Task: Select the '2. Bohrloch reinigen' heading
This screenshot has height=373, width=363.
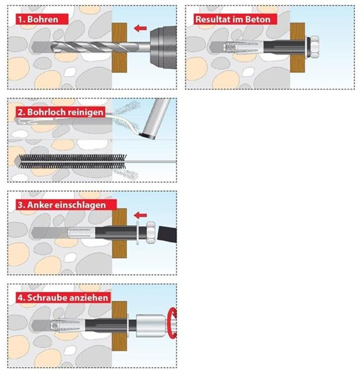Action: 61,112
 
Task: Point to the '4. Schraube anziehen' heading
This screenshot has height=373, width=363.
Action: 63,298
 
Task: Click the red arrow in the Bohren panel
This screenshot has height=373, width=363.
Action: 140,28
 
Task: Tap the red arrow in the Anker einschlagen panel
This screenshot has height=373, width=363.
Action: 140,216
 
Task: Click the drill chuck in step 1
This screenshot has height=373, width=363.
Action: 163,48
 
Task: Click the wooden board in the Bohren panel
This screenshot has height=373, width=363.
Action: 119,48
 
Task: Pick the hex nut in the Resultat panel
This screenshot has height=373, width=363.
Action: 314,47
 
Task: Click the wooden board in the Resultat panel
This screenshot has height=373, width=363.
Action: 297,48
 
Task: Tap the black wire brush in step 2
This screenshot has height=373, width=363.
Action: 72,161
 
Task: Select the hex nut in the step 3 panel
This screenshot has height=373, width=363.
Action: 151,232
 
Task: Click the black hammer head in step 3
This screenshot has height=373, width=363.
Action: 167,234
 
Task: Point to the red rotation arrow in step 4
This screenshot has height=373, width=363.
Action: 172,323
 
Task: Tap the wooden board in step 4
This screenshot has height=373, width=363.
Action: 119,326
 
